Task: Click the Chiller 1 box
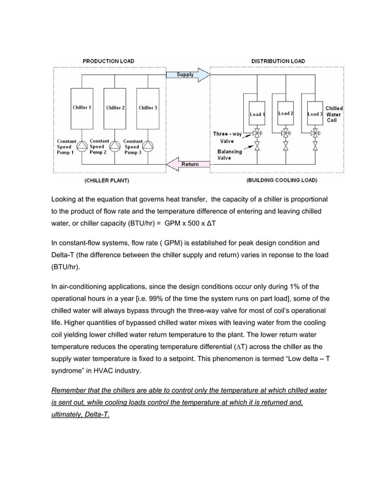click(81, 108)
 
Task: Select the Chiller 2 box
click(115, 108)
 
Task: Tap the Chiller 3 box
click(148, 108)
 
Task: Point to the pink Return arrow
click(188, 164)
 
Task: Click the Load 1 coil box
click(256, 114)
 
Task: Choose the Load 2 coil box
click(285, 114)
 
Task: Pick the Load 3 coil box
click(314, 114)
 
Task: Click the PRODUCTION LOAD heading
click(108, 61)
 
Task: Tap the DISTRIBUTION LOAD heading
click(278, 61)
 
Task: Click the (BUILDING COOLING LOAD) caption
click(282, 181)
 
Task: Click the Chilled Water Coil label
click(334, 114)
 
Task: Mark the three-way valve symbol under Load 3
click(314, 132)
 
